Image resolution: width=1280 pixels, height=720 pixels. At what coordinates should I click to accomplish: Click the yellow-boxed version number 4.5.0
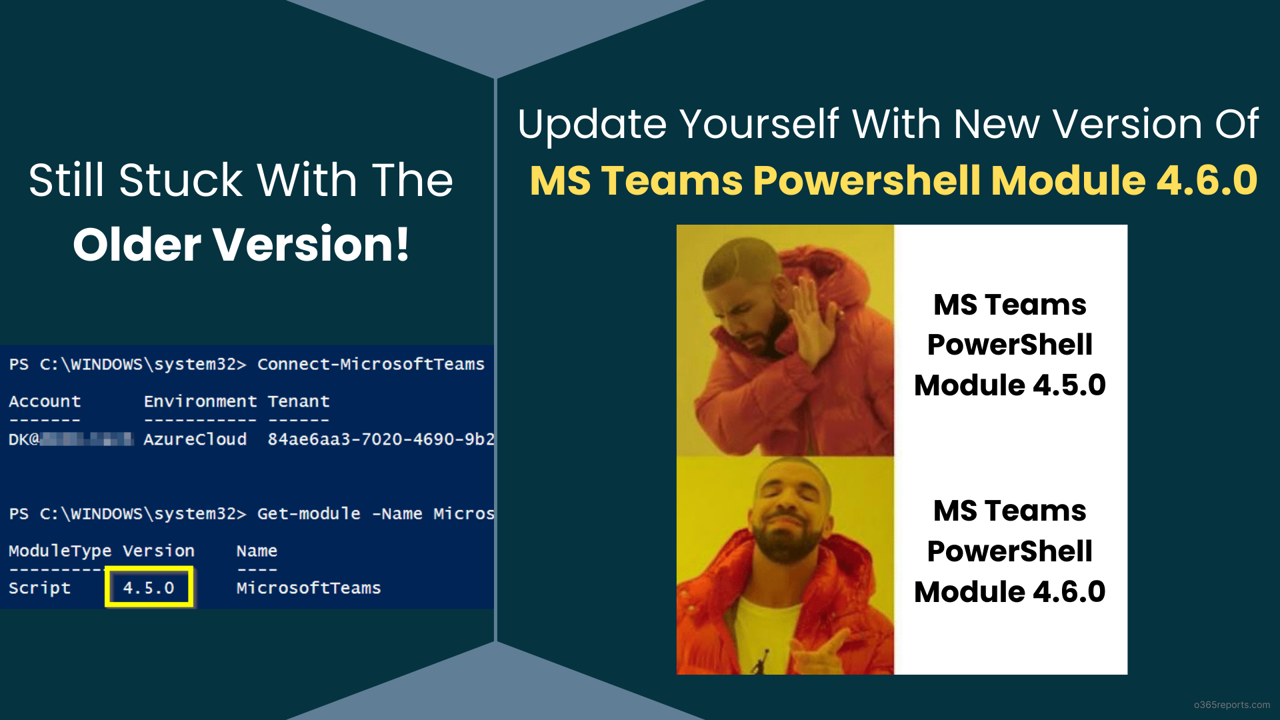149,588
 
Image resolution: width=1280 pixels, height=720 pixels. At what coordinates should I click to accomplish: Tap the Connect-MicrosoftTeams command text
371,364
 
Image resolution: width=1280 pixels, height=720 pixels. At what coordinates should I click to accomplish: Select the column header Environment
200,401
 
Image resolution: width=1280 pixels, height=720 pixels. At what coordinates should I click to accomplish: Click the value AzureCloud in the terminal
195,439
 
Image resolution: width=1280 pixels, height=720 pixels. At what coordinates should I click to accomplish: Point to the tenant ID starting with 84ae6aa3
380,439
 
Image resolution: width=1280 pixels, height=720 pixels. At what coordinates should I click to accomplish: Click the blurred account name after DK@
87,439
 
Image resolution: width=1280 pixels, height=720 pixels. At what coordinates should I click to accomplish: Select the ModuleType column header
59,551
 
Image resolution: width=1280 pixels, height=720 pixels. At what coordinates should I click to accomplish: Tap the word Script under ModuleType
39,588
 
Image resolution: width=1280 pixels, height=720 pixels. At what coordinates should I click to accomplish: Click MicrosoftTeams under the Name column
308,588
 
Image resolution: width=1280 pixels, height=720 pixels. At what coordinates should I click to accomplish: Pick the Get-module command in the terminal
309,514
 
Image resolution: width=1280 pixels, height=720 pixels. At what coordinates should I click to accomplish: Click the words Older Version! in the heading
241,245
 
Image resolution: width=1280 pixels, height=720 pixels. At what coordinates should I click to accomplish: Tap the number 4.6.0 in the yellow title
1207,181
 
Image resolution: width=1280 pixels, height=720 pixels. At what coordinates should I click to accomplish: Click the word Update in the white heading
591,125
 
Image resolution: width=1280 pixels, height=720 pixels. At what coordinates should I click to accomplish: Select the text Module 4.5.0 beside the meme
1009,385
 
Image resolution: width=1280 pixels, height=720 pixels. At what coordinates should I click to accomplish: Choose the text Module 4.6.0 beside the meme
1009,592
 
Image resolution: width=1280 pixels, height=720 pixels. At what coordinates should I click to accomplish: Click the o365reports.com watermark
1231,705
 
